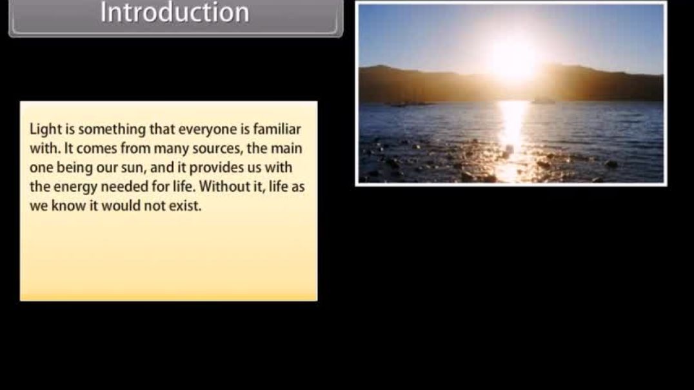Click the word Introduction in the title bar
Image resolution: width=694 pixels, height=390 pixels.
(174, 13)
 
